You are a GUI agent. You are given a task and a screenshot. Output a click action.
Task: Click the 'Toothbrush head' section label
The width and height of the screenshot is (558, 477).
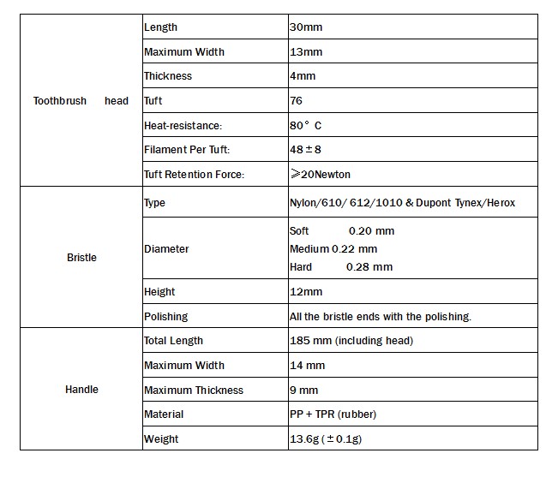click(81, 101)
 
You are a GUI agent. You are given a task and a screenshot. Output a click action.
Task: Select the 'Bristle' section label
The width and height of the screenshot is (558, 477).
click(81, 257)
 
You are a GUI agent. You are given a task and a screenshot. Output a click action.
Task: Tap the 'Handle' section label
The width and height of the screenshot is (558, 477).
click(81, 390)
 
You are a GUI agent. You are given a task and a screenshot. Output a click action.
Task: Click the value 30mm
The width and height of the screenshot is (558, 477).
click(306, 27)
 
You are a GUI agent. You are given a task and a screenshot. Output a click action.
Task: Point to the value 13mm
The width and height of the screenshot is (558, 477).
click(306, 52)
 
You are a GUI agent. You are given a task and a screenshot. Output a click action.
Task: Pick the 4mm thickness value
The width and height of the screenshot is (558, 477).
click(303, 76)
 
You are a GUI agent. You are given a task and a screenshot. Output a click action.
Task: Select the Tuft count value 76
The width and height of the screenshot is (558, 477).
click(297, 101)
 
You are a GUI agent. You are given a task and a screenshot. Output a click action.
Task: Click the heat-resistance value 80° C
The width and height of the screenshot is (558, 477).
click(306, 125)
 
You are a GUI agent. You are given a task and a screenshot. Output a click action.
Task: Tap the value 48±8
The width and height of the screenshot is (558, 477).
click(307, 150)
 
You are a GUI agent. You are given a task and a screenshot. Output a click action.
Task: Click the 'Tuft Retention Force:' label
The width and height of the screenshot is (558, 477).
click(194, 175)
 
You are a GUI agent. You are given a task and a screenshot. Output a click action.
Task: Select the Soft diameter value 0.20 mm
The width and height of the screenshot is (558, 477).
click(371, 231)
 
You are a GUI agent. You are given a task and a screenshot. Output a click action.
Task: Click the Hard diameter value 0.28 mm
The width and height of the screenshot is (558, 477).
click(369, 267)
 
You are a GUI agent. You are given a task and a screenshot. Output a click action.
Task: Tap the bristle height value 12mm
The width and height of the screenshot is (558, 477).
click(306, 292)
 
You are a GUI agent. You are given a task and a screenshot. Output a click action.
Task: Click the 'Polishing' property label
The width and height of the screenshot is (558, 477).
click(165, 317)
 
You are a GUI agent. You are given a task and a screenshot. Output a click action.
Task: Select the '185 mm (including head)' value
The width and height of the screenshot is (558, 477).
click(351, 341)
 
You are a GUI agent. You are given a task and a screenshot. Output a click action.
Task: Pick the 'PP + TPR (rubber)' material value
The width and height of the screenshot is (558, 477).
click(333, 414)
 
